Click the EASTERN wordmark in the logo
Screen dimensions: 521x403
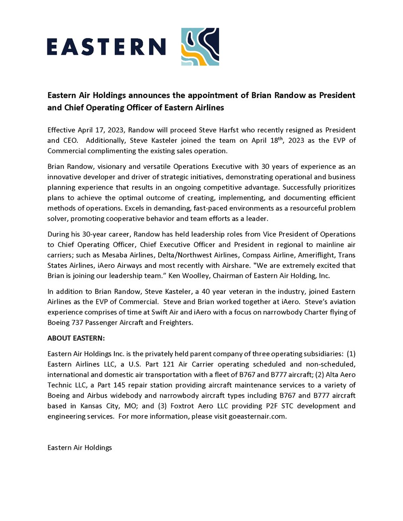tap(106, 46)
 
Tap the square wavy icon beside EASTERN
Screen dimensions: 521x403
tap(200, 46)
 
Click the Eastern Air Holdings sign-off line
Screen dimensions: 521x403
tap(80, 448)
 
